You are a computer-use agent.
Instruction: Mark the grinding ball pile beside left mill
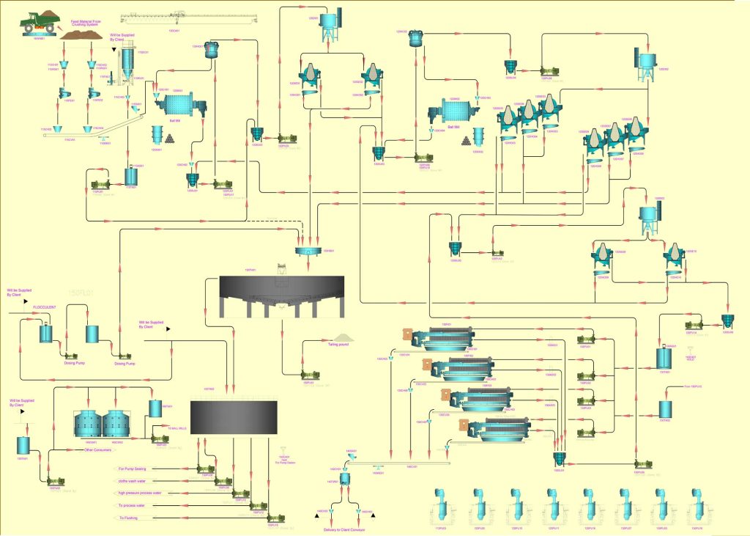[171, 138]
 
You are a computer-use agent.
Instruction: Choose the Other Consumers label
[97, 449]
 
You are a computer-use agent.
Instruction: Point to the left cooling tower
[87, 425]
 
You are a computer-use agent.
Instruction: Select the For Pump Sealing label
[133, 468]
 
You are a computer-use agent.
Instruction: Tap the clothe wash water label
[135, 480]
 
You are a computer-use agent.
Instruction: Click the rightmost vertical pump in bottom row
[697, 507]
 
